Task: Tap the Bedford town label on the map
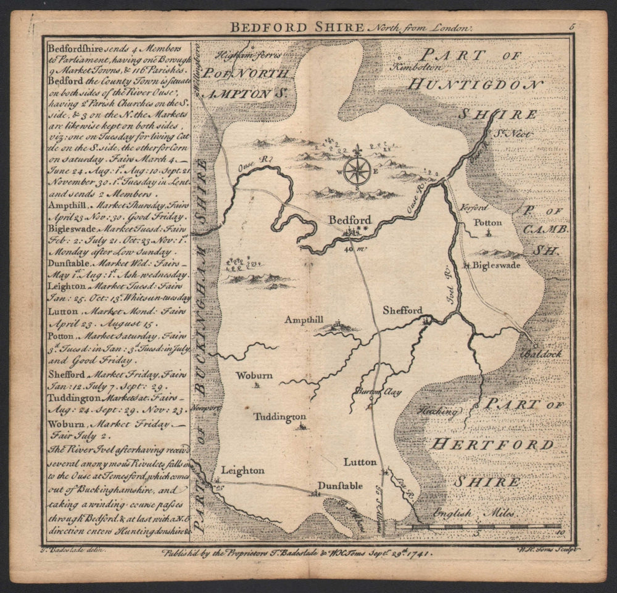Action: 350,220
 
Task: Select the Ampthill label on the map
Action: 305,319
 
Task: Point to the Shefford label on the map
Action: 402,310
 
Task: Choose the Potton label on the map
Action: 487,222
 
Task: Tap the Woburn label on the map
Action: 254,375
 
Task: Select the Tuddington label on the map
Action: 280,417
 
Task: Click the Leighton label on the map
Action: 242,470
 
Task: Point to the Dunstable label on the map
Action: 340,486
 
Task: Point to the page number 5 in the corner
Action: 572,27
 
